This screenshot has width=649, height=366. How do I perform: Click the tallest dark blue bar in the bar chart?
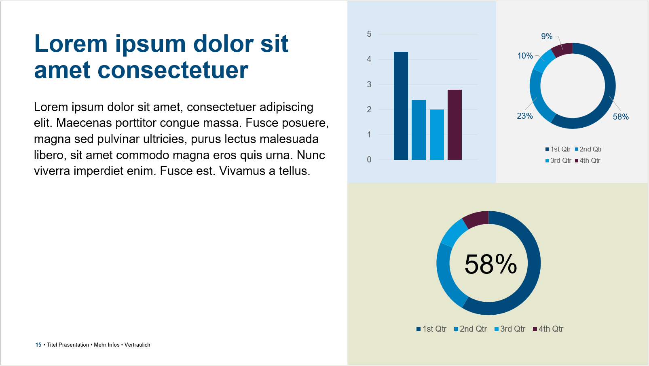click(x=401, y=106)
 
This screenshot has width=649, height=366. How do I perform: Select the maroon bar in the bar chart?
click(x=455, y=125)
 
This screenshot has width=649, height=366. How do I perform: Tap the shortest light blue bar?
click(x=437, y=135)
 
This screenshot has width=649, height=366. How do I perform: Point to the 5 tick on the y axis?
click(x=369, y=34)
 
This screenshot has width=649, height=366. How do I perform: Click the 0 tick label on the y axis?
click(x=369, y=160)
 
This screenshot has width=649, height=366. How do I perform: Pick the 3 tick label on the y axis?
click(x=369, y=84)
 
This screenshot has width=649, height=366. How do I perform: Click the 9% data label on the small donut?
click(x=547, y=36)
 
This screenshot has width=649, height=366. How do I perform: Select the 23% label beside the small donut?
click(x=525, y=116)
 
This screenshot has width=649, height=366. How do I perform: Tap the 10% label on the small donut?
click(x=525, y=56)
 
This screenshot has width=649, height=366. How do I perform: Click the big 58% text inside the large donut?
click(x=490, y=264)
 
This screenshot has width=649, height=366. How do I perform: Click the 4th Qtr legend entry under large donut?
click(x=548, y=329)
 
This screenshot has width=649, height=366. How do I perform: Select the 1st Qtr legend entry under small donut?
click(x=558, y=149)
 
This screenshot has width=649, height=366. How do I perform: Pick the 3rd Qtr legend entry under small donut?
click(x=558, y=160)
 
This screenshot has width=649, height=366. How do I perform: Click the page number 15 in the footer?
click(x=38, y=345)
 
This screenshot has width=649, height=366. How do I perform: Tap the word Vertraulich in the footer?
click(x=137, y=345)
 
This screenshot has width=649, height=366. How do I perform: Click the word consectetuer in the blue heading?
click(x=173, y=70)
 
